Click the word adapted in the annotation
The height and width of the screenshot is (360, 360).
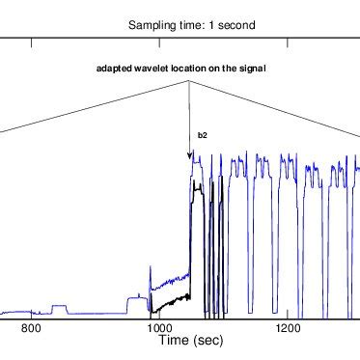pyautogui.click(x=114, y=69)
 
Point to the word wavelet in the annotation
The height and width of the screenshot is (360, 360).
pyautogui.click(x=152, y=69)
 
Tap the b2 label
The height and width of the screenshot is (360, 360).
pyautogui.click(x=203, y=137)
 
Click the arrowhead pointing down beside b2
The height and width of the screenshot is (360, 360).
pyautogui.click(x=189, y=155)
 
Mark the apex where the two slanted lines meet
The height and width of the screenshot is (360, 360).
pyautogui.click(x=189, y=82)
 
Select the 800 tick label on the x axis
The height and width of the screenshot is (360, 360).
pyautogui.click(x=31, y=329)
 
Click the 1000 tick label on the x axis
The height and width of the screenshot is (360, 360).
pyautogui.click(x=158, y=329)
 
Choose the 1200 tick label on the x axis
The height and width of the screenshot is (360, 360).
pyautogui.click(x=286, y=329)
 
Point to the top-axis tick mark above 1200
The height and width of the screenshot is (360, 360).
pyautogui.click(x=286, y=42)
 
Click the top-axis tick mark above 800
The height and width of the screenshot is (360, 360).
pyautogui.click(x=32, y=42)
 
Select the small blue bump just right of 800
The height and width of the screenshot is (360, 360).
pyautogui.click(x=60, y=306)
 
